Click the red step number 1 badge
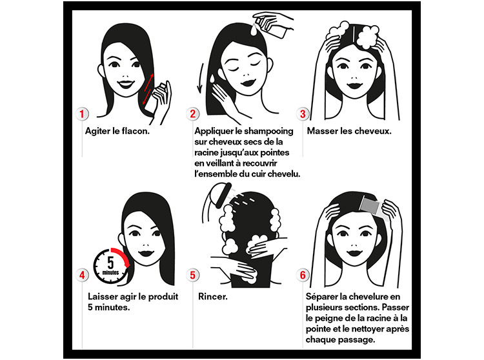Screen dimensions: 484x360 82,114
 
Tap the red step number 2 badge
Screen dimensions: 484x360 192,114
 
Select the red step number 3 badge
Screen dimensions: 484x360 303,114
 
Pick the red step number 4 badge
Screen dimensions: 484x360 82,275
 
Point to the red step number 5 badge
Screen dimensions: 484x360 192,275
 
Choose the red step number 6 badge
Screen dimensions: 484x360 303,275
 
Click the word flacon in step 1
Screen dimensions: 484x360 136,131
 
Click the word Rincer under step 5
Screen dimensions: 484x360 213,297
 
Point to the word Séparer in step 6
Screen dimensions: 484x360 322,297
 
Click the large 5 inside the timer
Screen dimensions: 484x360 110,263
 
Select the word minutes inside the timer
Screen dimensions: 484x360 110,273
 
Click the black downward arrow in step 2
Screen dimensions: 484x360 200,78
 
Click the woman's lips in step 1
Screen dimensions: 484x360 126,85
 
